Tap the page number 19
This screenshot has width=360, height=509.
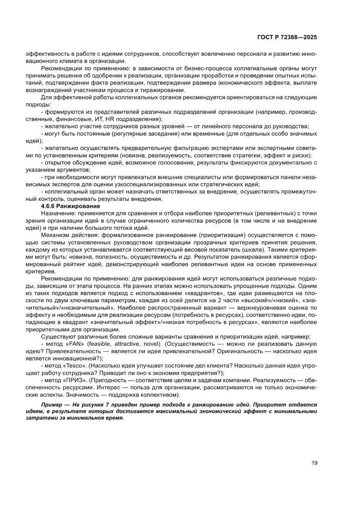click(x=314, y=463)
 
